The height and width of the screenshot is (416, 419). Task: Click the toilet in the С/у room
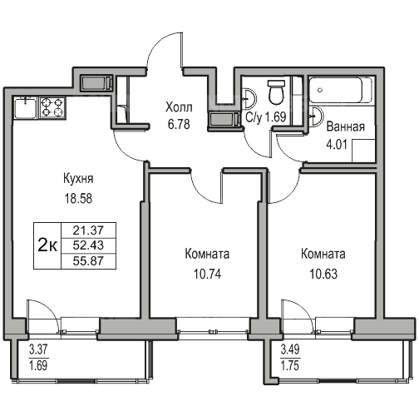pyautogui.click(x=277, y=92)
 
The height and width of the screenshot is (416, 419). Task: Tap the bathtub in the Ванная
pyautogui.click(x=341, y=90)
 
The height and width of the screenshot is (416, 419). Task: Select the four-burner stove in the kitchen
pyautogui.click(x=52, y=107)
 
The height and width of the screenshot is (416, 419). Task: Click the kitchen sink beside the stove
pyautogui.click(x=26, y=107)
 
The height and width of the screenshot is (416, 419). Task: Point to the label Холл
pyautogui.click(x=179, y=107)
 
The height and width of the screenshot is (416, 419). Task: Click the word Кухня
pyautogui.click(x=78, y=179)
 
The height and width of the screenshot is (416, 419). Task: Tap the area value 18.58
pyautogui.click(x=78, y=199)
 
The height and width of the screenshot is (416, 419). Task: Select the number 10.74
pyautogui.click(x=207, y=274)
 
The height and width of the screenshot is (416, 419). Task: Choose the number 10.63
pyautogui.click(x=323, y=274)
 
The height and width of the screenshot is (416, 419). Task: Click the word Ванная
pyautogui.click(x=345, y=126)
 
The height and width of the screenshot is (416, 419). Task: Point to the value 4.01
pyautogui.click(x=337, y=145)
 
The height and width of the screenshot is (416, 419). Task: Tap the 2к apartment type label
pyautogui.click(x=47, y=245)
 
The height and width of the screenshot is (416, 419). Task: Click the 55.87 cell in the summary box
pyautogui.click(x=88, y=261)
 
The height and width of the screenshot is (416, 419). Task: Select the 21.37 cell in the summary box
pyautogui.click(x=88, y=230)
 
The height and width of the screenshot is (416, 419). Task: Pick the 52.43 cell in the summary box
pyautogui.click(x=88, y=245)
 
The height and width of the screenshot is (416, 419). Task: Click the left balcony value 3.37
pyautogui.click(x=38, y=349)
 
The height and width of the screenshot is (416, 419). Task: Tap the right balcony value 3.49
pyautogui.click(x=290, y=349)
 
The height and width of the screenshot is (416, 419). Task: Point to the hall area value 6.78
pyautogui.click(x=179, y=124)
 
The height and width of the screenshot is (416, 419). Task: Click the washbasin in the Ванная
pyautogui.click(x=316, y=116)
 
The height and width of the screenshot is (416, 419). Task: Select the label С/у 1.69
pyautogui.click(x=266, y=117)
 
